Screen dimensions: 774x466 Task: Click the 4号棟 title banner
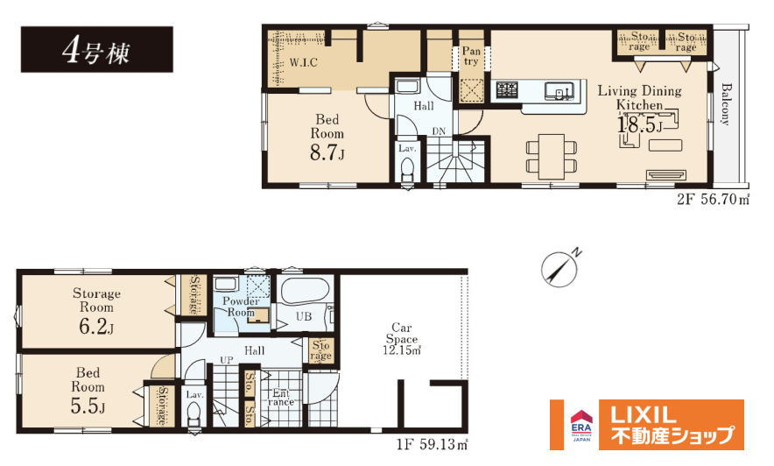[96, 49]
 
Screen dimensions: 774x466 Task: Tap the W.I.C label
[303, 63]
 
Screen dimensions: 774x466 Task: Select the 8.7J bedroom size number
[327, 153]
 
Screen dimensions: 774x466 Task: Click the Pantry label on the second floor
[471, 56]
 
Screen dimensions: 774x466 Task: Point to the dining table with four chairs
[552, 157]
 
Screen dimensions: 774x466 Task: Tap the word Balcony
[726, 103]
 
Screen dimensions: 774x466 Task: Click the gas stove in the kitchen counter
[508, 90]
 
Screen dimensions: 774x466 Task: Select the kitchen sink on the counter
[559, 91]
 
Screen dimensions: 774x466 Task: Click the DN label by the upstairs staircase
[439, 131]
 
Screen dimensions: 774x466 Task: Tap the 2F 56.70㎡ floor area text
[713, 199]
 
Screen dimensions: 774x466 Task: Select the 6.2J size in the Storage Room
[96, 328]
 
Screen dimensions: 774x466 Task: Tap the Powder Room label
[241, 307]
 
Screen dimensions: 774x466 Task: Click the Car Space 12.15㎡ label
[402, 339]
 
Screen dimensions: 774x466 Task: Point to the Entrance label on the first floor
[281, 398]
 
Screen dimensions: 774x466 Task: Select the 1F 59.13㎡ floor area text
[432, 445]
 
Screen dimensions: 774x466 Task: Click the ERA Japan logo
[581, 425]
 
